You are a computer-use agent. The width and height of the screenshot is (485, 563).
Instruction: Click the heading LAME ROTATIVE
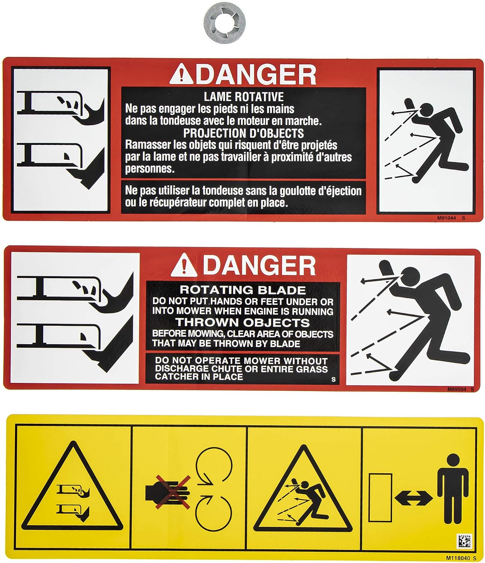244,97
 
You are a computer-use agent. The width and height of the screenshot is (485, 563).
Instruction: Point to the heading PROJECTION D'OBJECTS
243,133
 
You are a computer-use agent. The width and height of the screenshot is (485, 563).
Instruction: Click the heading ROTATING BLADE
242,290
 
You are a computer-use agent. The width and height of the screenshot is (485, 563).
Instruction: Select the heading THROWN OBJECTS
242,322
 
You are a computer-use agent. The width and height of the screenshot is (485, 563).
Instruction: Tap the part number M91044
447,218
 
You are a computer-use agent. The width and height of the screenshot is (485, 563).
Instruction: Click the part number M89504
457,390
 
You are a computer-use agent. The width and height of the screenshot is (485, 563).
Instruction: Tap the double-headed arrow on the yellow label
414,498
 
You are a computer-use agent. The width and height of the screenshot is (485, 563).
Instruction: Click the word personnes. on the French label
150,169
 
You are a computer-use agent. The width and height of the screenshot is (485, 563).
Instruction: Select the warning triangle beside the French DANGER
181,74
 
